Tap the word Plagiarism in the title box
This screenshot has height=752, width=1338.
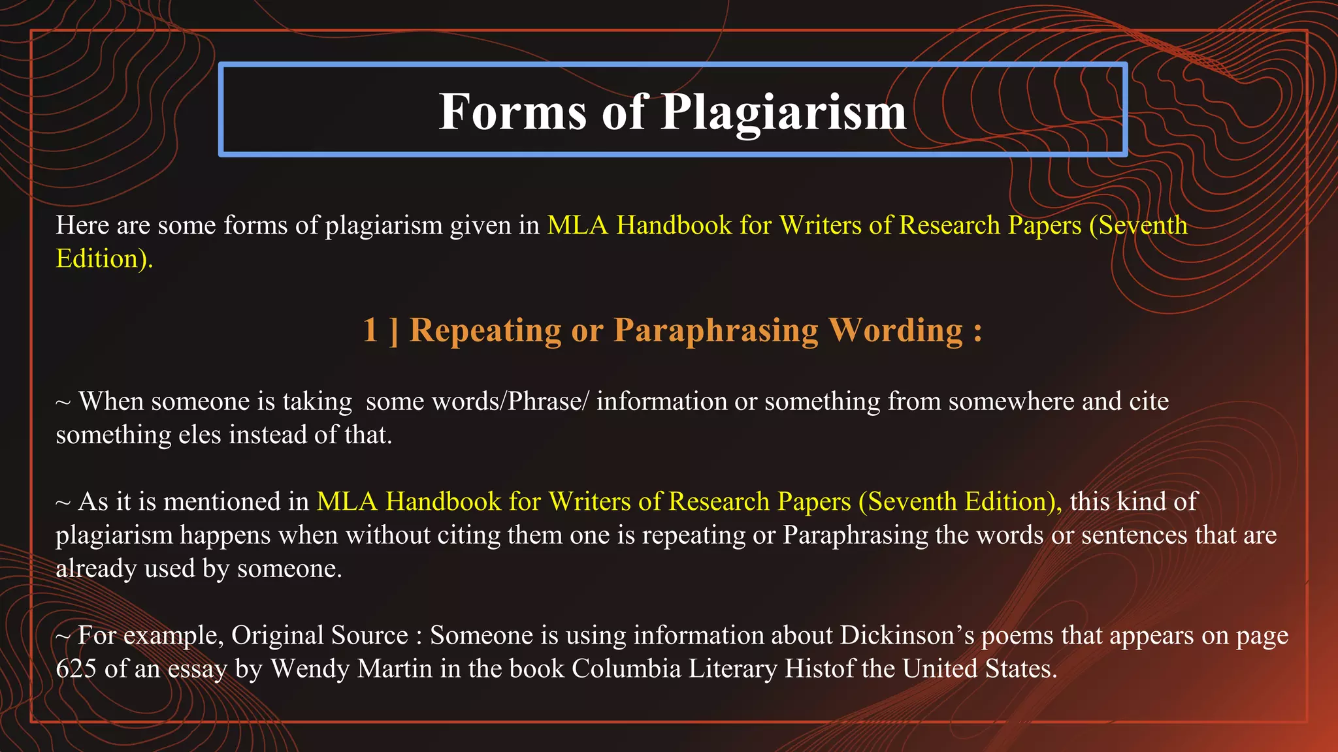(x=784, y=112)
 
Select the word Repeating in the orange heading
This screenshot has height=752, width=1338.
(x=485, y=330)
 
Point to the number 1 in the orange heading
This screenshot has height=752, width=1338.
(x=370, y=330)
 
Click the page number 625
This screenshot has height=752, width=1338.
(x=76, y=669)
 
